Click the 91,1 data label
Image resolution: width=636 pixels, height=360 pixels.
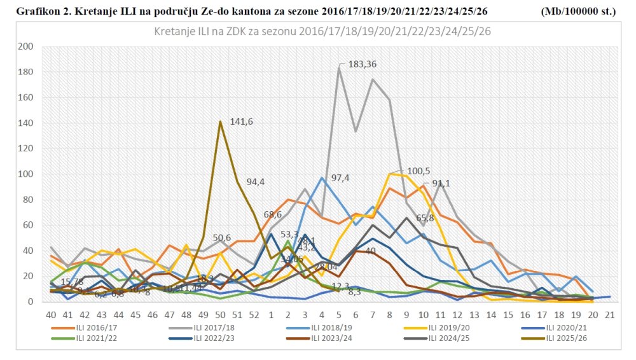pyautogui.click(x=446, y=184)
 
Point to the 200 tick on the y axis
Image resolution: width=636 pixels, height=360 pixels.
pyautogui.click(x=26, y=46)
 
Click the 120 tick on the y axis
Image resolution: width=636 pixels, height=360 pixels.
pyautogui.click(x=26, y=148)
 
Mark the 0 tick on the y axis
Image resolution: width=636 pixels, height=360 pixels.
pyautogui.click(x=30, y=301)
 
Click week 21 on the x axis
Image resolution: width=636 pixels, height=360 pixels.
pyautogui.click(x=609, y=315)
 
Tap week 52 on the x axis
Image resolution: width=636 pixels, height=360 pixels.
pyautogui.click(x=254, y=315)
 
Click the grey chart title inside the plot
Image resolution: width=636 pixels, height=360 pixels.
pyautogui.click(x=322, y=32)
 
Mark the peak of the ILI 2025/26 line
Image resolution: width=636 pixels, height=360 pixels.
pyautogui.click(x=220, y=121)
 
